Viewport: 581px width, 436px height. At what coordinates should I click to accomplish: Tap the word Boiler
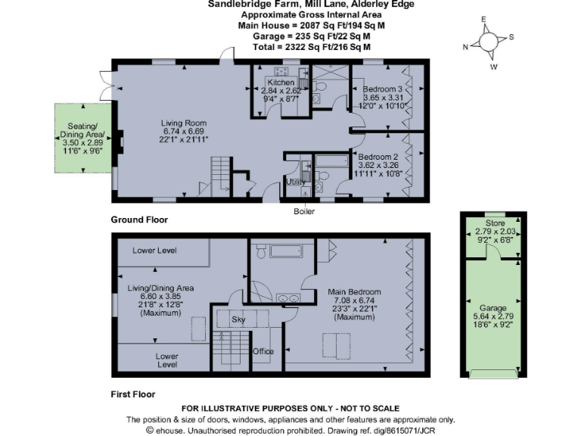point(304,211)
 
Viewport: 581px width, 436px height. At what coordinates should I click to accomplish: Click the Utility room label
point(295,182)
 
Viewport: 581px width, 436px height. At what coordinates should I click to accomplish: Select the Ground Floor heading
point(139,220)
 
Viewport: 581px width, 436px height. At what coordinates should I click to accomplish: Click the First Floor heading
point(133,394)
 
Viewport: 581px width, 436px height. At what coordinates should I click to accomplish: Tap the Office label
point(263,351)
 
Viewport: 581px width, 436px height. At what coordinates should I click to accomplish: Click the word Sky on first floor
point(238,320)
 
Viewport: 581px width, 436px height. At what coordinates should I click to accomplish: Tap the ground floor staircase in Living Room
point(219,173)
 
